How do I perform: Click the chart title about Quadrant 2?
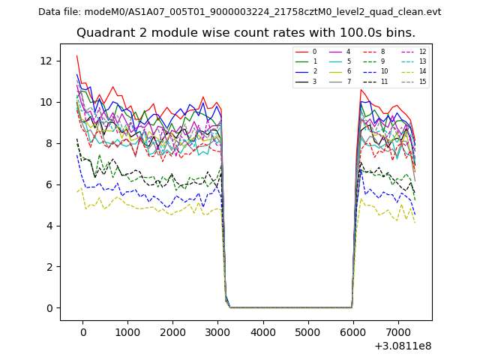click(x=245, y=33)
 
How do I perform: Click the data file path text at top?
click(x=239, y=11)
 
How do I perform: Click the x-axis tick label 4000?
click(x=262, y=332)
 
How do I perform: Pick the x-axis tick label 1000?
click(x=127, y=332)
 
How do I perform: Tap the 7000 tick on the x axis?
click(x=397, y=332)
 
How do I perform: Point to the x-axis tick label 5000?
click(x=307, y=332)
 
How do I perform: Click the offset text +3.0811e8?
click(x=402, y=346)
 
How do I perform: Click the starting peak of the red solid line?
click(x=76, y=55)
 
